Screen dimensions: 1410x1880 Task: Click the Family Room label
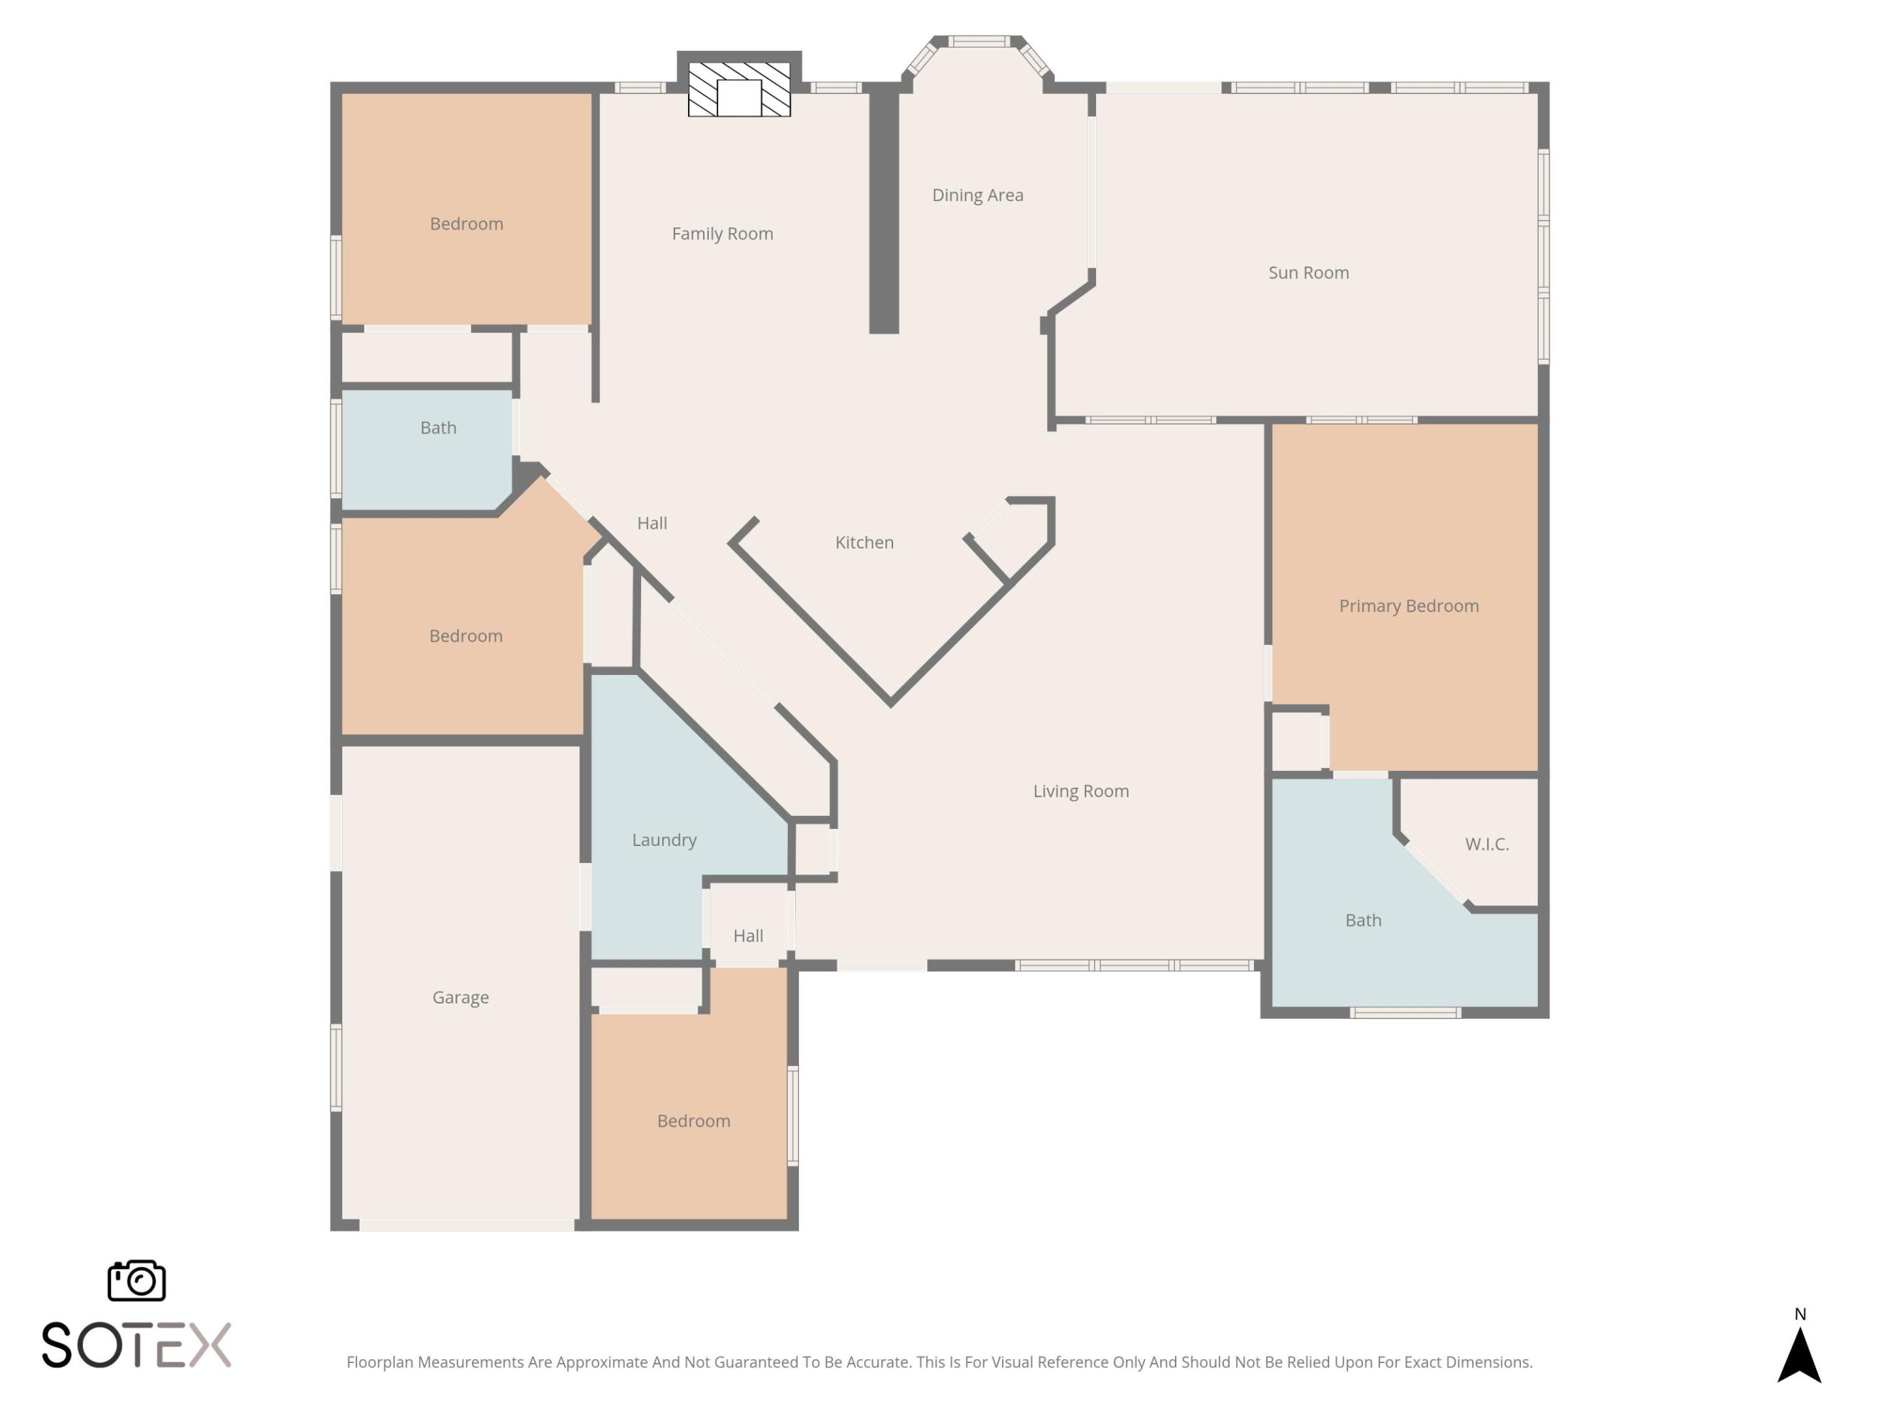click(x=723, y=234)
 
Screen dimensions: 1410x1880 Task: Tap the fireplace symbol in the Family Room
click(x=738, y=89)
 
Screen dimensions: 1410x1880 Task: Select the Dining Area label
click(x=977, y=195)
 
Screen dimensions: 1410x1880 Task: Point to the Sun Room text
click(x=1308, y=273)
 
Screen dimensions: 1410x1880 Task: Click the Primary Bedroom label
click(x=1408, y=606)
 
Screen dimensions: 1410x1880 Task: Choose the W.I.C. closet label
click(x=1486, y=844)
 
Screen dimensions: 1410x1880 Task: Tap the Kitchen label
click(x=864, y=542)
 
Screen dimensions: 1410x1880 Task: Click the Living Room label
click(x=1080, y=791)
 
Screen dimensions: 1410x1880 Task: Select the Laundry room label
click(x=664, y=839)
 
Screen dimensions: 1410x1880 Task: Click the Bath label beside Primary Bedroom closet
click(x=1362, y=920)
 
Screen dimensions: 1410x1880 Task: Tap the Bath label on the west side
click(x=438, y=428)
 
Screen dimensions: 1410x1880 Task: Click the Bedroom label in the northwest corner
click(x=465, y=223)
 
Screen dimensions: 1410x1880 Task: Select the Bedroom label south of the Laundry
click(x=693, y=1121)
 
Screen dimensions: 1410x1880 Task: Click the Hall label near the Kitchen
click(x=652, y=524)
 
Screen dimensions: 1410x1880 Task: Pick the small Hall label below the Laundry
click(x=748, y=935)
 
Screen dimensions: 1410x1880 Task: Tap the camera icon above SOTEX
click(x=136, y=1280)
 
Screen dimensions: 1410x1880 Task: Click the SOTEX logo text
click(x=136, y=1345)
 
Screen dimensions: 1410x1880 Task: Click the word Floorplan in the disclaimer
click(x=379, y=1362)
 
